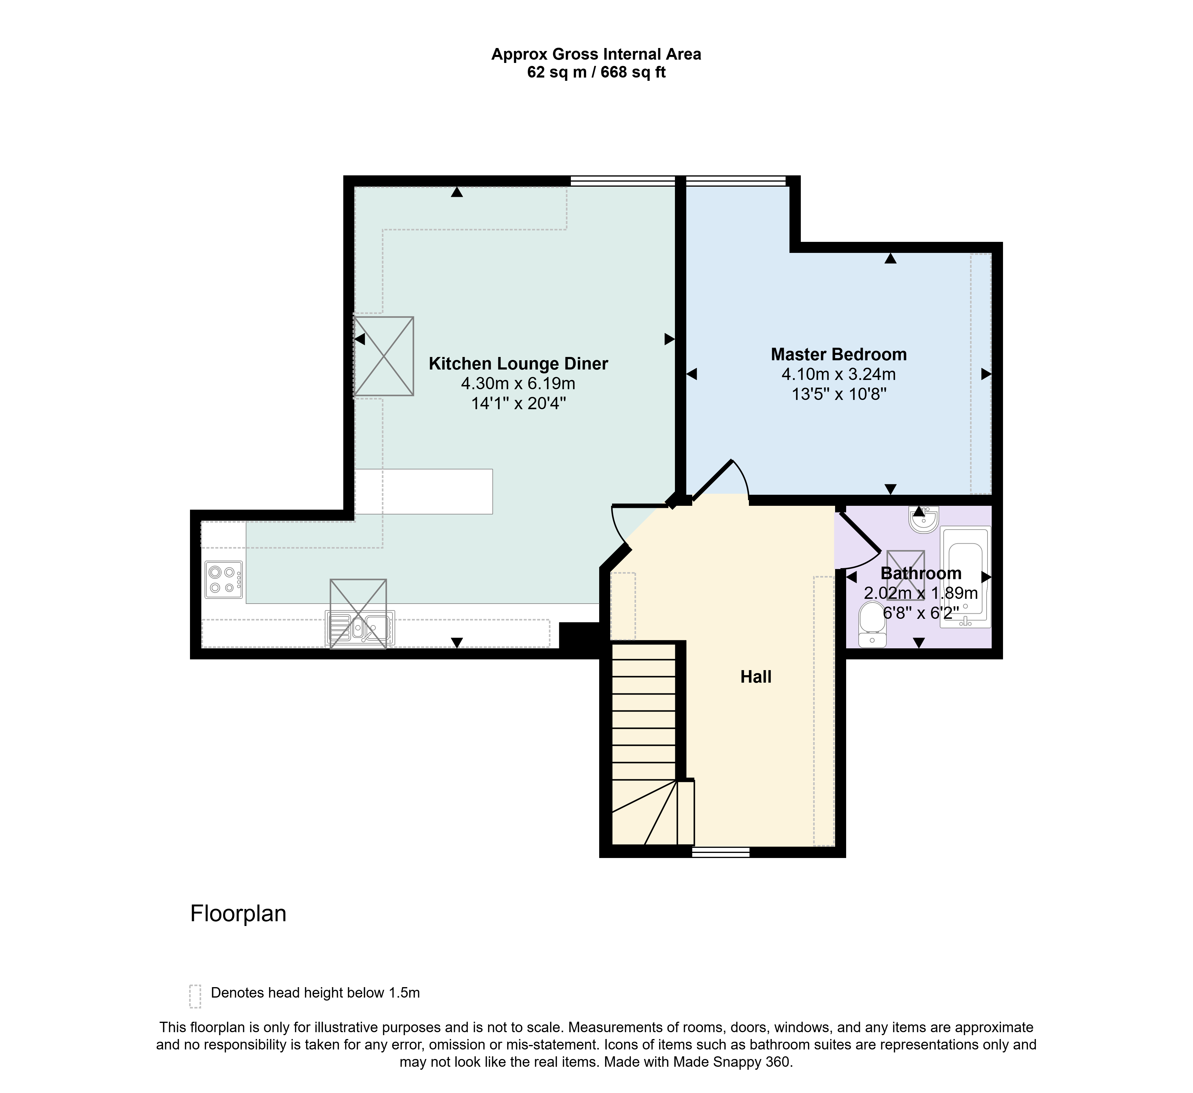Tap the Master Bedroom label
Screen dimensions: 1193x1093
pos(839,355)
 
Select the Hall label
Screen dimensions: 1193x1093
pos(756,677)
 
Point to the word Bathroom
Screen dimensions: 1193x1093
pos(921,573)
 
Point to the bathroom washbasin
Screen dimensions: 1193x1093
pos(923,519)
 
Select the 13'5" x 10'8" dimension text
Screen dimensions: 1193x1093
pos(839,394)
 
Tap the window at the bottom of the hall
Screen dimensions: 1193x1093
pos(721,852)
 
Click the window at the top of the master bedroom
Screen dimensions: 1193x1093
pos(735,181)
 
